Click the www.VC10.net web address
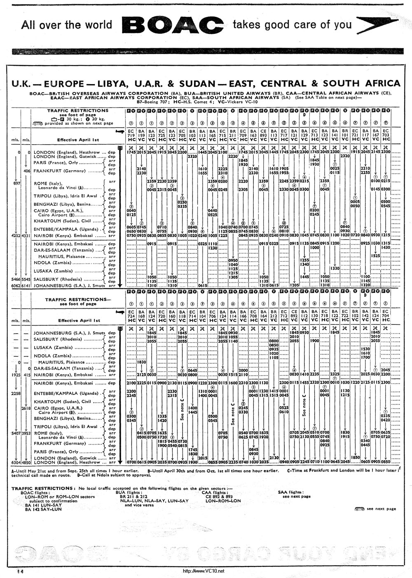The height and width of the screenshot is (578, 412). [204, 571]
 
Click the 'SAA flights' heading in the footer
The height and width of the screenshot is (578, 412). [290, 492]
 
